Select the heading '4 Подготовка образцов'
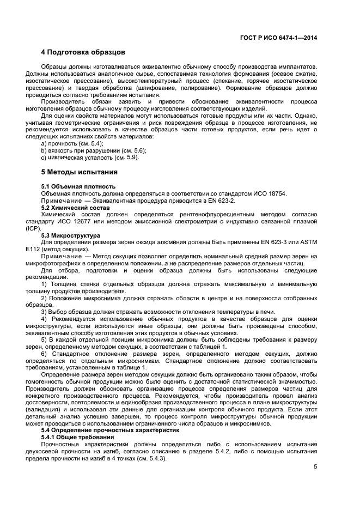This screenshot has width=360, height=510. (83, 53)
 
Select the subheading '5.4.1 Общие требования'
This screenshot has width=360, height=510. (78, 438)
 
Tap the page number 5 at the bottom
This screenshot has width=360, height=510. (315, 467)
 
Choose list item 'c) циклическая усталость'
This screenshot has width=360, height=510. (90, 157)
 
